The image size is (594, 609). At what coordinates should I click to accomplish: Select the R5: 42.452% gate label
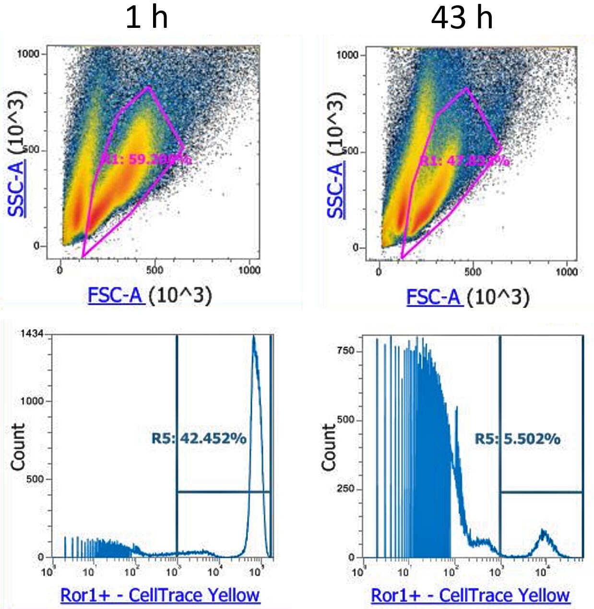pyautogui.click(x=199, y=438)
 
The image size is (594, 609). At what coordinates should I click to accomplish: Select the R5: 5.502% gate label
pyautogui.click(x=517, y=438)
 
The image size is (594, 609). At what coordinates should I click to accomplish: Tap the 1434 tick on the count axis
pyautogui.click(x=32, y=334)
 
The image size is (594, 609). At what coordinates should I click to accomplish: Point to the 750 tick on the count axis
pyautogui.click(x=345, y=351)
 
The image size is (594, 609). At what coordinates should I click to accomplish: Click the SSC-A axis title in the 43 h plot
pyautogui.click(x=336, y=190)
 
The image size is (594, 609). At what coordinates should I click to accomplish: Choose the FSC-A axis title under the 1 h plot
pyautogui.click(x=116, y=295)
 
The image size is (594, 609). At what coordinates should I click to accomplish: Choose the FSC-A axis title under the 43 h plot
pyautogui.click(x=434, y=297)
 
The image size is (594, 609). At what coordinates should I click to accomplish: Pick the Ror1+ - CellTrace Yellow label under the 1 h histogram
pyautogui.click(x=160, y=595)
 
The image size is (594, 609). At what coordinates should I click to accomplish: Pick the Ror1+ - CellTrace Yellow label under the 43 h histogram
pyautogui.click(x=470, y=595)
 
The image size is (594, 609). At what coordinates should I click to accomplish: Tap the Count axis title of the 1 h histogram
pyautogui.click(x=18, y=447)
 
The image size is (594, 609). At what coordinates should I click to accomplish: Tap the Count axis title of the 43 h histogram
pyautogui.click(x=329, y=447)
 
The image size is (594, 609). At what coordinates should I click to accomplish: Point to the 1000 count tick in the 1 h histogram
pyautogui.click(x=32, y=401)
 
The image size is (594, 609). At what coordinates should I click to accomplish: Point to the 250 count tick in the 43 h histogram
pyautogui.click(x=345, y=489)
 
